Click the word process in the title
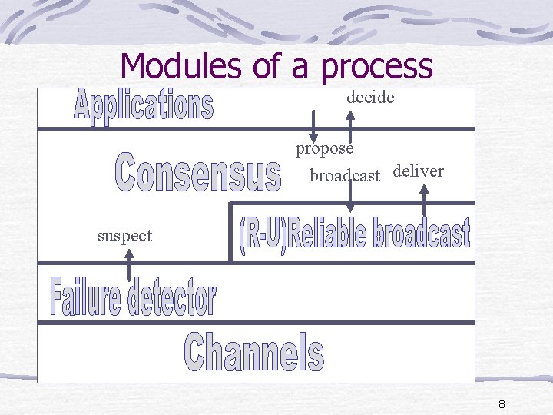click(377, 68)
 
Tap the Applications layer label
click(144, 106)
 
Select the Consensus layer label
click(198, 173)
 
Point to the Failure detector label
click(134, 296)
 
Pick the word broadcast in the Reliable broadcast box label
click(422, 234)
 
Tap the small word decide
click(370, 98)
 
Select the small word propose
click(325, 148)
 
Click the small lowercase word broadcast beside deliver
click(345, 176)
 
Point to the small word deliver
click(418, 171)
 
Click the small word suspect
click(124, 236)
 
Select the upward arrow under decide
click(350, 123)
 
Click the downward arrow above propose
click(313, 124)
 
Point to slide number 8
click(502, 404)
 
